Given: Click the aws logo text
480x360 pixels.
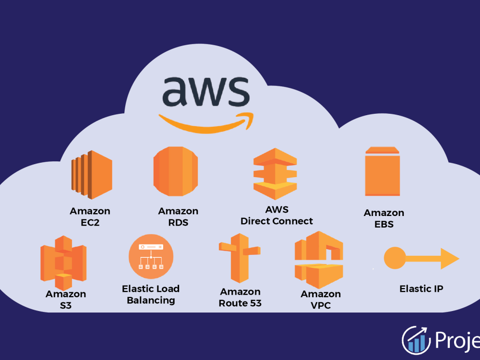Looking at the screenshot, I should pos(205,92).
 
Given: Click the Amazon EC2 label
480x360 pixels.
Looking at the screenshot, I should pos(90,216).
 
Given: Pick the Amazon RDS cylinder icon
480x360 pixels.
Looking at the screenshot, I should pos(175,171).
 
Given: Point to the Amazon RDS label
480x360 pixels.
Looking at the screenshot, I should pos(178,216).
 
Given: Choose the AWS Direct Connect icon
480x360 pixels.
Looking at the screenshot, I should pos(275,174).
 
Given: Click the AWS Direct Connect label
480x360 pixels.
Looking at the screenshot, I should pos(276,216).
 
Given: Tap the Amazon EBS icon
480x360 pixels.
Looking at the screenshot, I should pos(382,171).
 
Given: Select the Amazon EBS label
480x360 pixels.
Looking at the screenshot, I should pos(384,218).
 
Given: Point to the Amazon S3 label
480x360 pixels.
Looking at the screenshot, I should pos(66,299).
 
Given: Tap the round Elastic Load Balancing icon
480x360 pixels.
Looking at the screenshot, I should pos(151,256).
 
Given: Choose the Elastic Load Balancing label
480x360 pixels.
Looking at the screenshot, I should pos(151,294).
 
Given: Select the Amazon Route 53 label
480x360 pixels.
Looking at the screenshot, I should pos(240,297).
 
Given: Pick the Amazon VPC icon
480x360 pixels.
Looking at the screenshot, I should pos(319,260).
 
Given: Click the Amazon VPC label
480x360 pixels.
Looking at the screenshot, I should pos(321,299).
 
